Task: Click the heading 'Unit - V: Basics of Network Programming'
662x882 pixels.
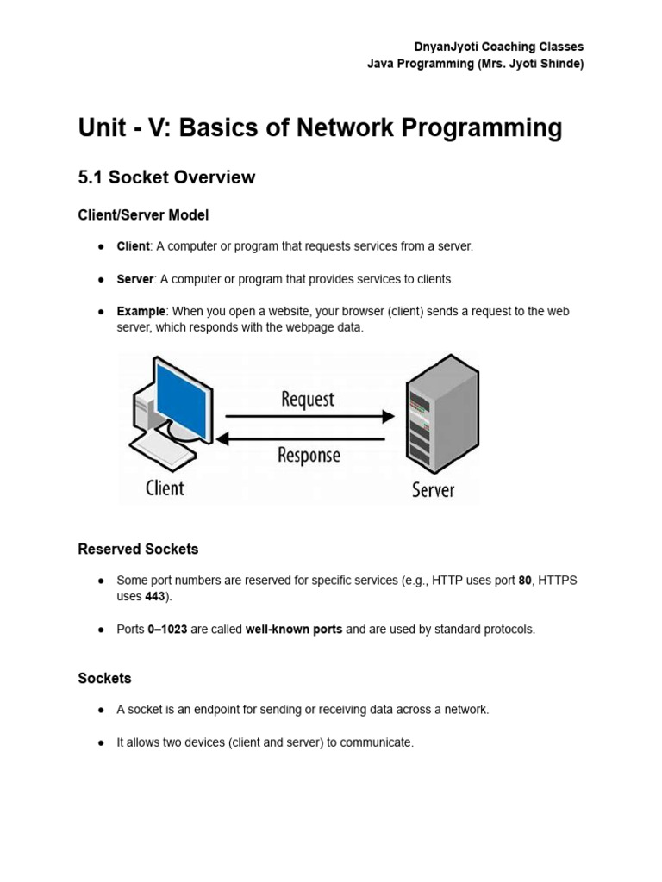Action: coord(320,128)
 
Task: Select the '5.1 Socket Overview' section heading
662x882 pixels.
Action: coord(166,177)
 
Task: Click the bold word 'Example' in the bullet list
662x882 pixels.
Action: coord(141,311)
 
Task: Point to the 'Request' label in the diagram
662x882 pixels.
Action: coord(307,400)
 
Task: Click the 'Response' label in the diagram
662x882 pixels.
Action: coord(309,455)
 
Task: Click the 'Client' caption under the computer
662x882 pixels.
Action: coord(165,488)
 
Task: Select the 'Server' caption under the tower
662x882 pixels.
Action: coord(433,490)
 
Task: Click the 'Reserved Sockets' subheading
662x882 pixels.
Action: coord(138,549)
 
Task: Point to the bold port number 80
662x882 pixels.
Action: coord(525,581)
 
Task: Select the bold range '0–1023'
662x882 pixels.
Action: coord(167,630)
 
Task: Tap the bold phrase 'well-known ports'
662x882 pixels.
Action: coord(294,630)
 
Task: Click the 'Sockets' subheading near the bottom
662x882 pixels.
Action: coord(104,679)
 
